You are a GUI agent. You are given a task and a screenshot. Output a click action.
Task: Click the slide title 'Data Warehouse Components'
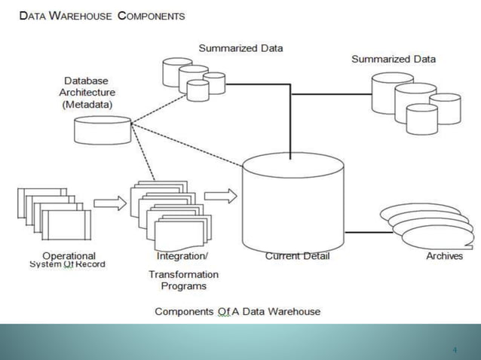click(x=102, y=16)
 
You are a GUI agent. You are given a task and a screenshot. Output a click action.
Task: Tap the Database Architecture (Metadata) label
click(x=87, y=93)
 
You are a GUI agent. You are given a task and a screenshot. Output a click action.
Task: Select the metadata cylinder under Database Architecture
click(x=102, y=130)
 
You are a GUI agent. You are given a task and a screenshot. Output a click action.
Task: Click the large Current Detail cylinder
click(x=293, y=203)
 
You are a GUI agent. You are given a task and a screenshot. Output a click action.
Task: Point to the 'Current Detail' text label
click(x=297, y=256)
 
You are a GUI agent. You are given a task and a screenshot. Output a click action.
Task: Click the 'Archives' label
click(x=444, y=256)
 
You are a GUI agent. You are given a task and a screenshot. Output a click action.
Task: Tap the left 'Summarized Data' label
click(x=240, y=48)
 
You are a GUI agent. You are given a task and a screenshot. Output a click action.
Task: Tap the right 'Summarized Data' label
click(x=393, y=59)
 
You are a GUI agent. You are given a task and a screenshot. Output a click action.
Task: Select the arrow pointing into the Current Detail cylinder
click(x=220, y=196)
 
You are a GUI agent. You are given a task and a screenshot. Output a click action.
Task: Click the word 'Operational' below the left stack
click(x=69, y=255)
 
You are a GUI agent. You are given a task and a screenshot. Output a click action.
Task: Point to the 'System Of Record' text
click(x=67, y=264)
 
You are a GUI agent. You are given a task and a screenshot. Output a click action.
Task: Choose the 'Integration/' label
click(x=182, y=256)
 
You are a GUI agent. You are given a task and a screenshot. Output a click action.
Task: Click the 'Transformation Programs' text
click(x=183, y=280)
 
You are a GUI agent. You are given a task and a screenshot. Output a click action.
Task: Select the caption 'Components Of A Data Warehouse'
click(x=237, y=311)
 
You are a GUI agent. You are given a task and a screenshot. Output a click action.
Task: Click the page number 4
click(x=455, y=349)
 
